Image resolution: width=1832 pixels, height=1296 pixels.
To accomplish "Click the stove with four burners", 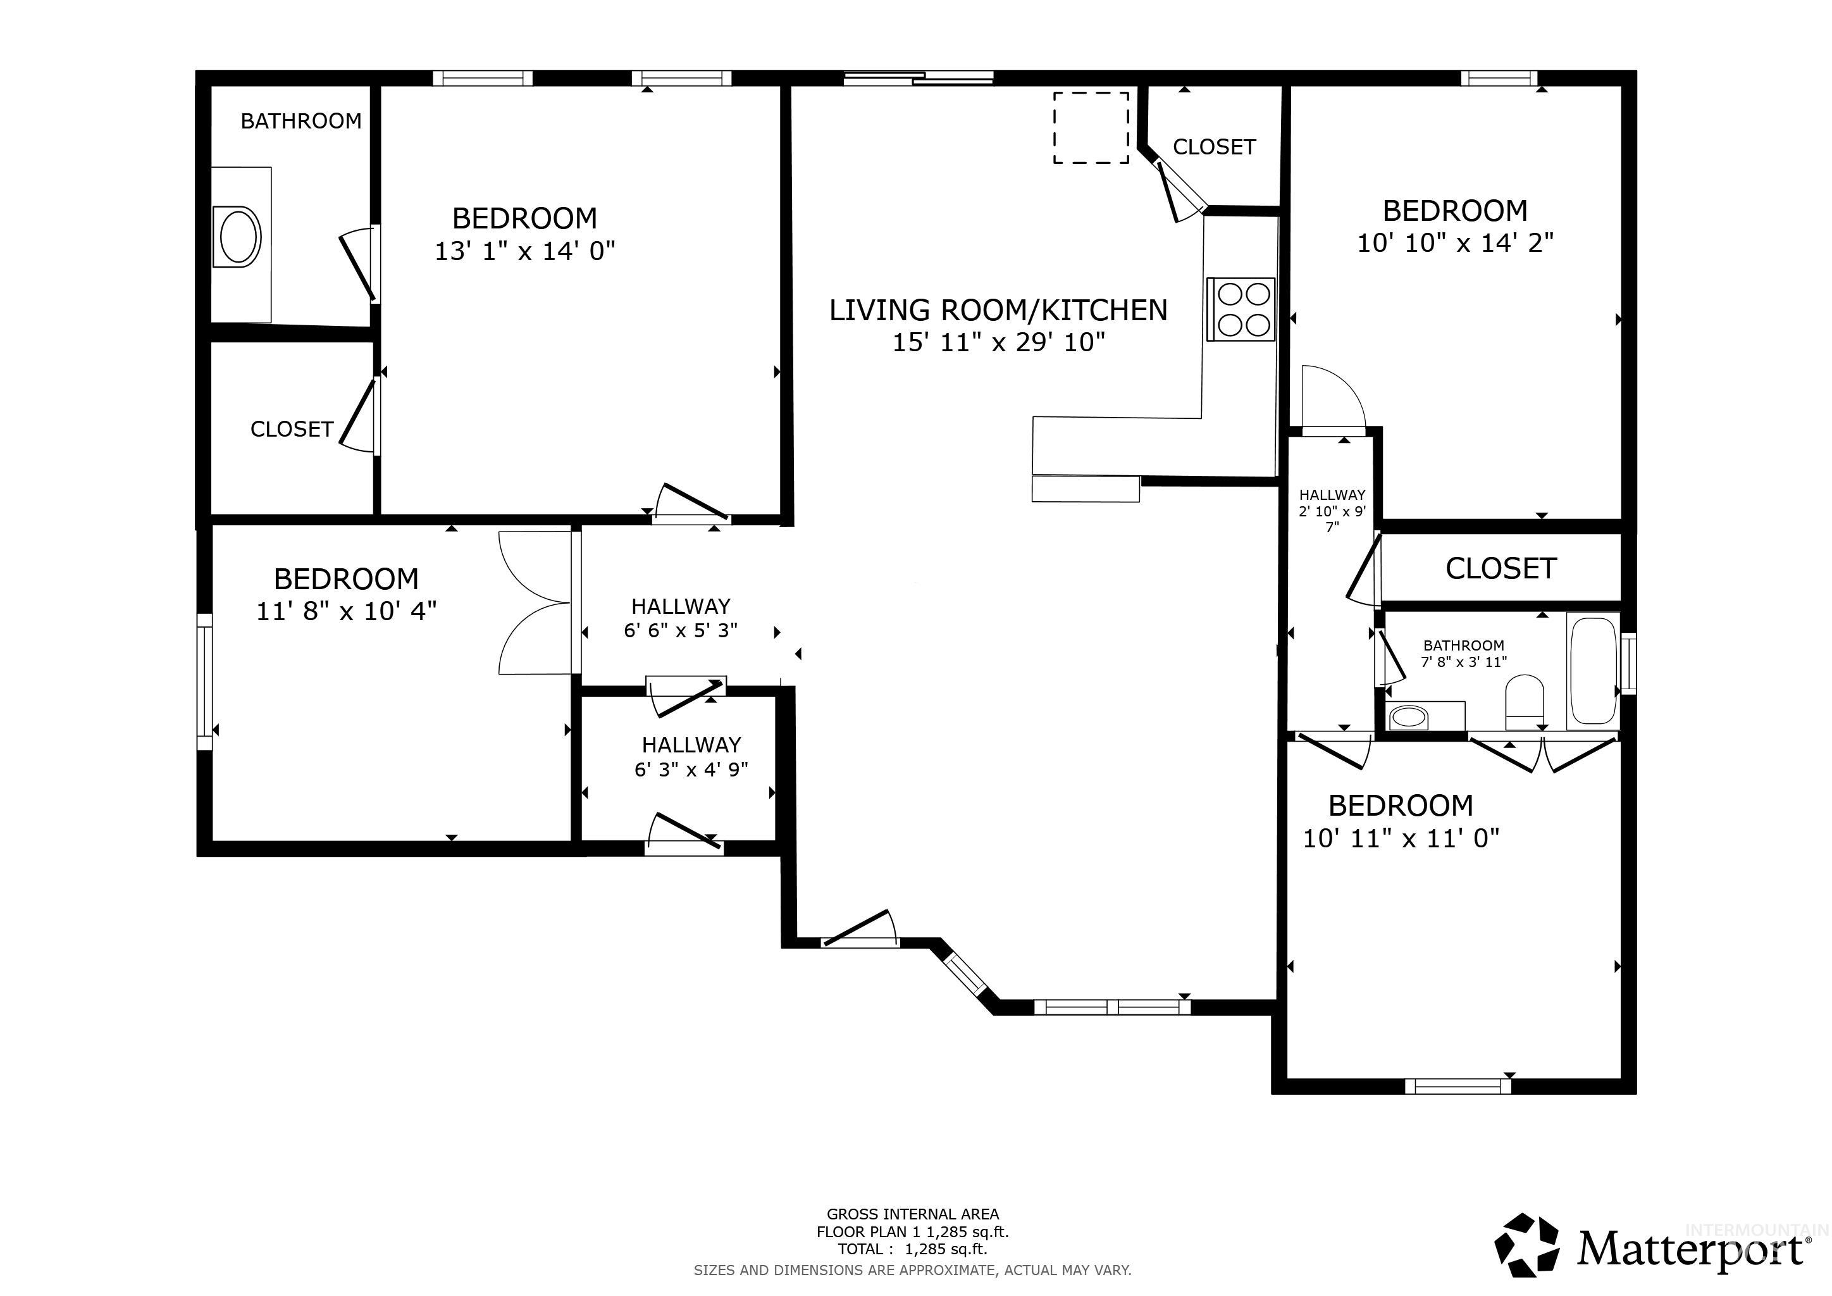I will tap(1241, 309).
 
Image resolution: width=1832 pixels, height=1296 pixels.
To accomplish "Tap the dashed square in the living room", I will tap(1091, 128).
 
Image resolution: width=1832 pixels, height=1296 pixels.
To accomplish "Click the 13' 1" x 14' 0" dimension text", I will tap(524, 251).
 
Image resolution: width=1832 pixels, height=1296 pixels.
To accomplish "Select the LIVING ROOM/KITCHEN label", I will tap(998, 309).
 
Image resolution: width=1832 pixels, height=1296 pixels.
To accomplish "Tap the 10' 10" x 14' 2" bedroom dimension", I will tap(1456, 242).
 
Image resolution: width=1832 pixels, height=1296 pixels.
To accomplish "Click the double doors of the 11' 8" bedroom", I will tap(535, 602).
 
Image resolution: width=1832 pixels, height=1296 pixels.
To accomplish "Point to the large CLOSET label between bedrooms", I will tap(1501, 568).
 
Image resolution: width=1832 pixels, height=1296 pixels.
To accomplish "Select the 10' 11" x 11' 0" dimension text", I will tap(1401, 838).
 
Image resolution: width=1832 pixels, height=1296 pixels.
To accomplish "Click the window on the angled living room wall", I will tap(967, 975).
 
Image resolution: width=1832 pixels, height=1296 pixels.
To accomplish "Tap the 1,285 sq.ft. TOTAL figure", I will tap(946, 1249).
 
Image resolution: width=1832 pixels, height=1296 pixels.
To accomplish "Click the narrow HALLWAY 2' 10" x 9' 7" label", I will tap(1332, 511).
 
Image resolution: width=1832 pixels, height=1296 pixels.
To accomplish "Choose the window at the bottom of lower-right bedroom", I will tap(1458, 1085).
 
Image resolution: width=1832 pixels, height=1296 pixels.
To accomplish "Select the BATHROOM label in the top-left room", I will tap(301, 121).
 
